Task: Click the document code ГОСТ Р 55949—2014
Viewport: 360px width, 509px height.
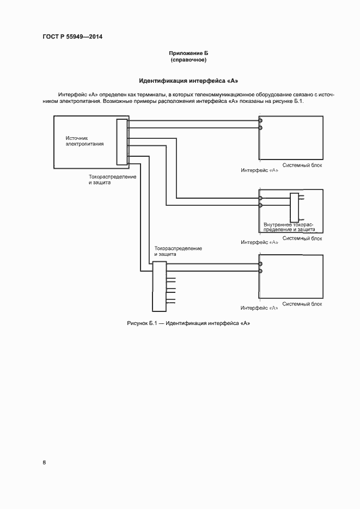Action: [72, 37]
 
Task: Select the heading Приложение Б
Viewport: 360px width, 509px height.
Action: [188, 53]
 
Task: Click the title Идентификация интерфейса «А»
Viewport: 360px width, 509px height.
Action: [188, 81]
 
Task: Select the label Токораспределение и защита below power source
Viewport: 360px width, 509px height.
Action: [112, 180]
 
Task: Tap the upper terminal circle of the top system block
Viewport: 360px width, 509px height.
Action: [260, 120]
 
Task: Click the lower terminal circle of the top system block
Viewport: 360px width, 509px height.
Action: [260, 128]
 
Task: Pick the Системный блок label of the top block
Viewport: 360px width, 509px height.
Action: [302, 165]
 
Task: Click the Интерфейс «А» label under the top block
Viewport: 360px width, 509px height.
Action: [260, 170]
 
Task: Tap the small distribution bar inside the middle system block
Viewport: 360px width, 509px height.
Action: [295, 205]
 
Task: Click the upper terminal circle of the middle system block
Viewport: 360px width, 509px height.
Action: [260, 198]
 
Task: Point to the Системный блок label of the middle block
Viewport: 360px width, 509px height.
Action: [302, 238]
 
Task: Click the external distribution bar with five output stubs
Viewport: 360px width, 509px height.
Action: [158, 285]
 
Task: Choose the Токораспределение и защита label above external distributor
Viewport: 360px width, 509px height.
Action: [178, 251]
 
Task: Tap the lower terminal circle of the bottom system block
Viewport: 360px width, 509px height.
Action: [260, 271]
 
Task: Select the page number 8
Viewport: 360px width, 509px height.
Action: [45, 462]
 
